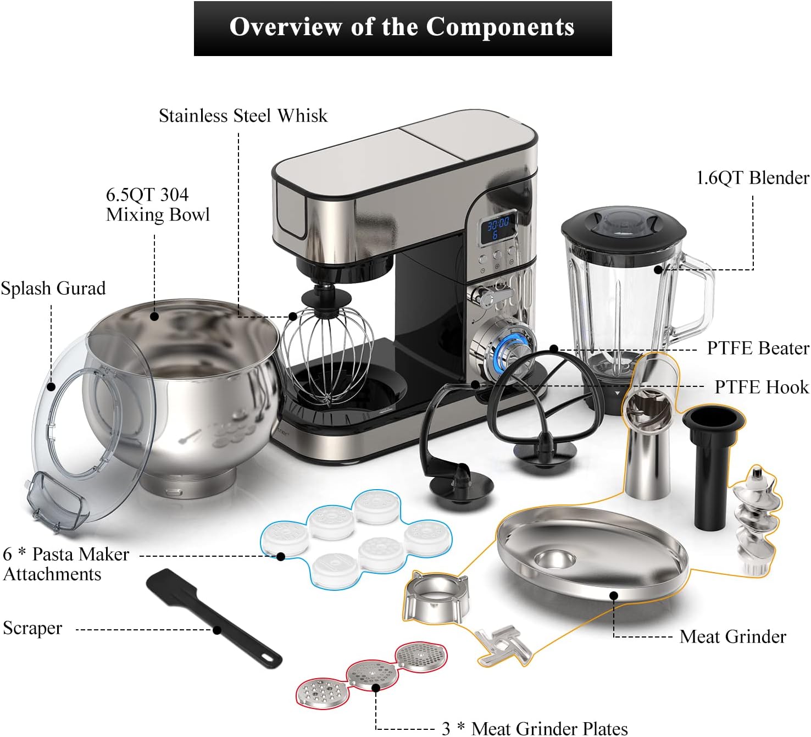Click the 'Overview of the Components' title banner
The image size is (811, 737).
pos(402,27)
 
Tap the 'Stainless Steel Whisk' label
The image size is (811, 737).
pos(243,116)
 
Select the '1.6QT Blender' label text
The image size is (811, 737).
pos(752,178)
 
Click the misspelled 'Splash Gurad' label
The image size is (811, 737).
pos(53,289)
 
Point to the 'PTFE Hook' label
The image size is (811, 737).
pos(761,387)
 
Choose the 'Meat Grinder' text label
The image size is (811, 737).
pos(732,636)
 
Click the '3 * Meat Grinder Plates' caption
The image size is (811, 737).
pos(535,728)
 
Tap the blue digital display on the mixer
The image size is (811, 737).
pos(498,228)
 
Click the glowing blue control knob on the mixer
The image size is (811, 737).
pos(510,348)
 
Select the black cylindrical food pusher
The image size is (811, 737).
pos(713,467)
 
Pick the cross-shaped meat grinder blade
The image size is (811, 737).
pos(503,645)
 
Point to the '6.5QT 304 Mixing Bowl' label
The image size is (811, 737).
pos(157,204)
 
